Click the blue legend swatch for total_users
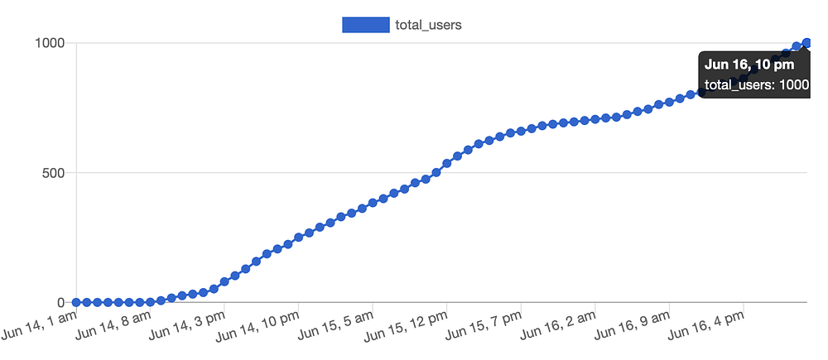click(x=365, y=25)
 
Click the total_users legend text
click(x=428, y=25)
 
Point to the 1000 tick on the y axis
click(x=49, y=43)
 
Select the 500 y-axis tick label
click(x=54, y=173)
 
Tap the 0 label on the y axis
click(x=61, y=303)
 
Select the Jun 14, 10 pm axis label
click(x=260, y=327)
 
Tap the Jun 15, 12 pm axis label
click(x=407, y=327)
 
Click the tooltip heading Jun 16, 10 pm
click(x=749, y=64)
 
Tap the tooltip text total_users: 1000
click(x=756, y=84)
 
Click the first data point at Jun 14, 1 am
click(x=76, y=303)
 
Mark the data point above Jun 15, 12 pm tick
click(x=447, y=163)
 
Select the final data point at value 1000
click(x=806, y=43)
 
